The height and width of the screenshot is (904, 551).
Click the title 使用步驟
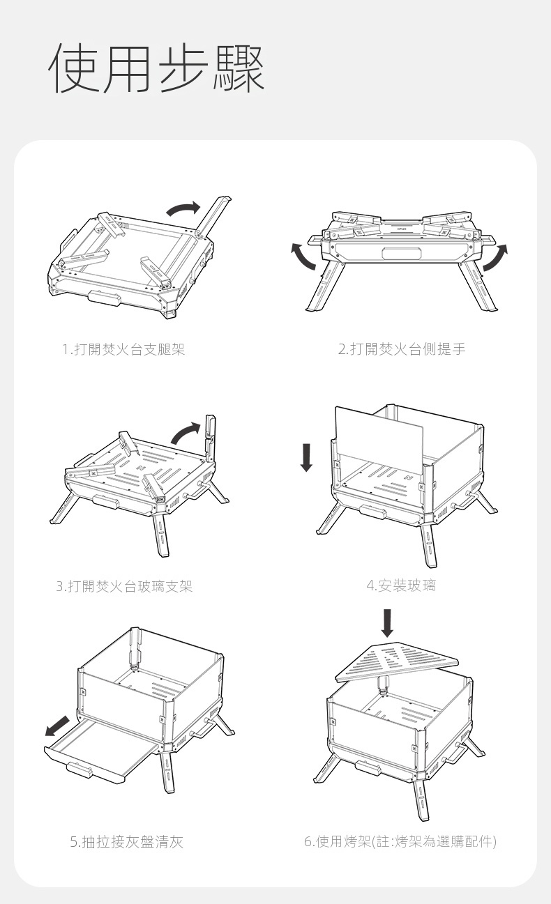tap(157, 68)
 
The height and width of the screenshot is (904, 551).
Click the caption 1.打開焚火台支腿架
tap(123, 349)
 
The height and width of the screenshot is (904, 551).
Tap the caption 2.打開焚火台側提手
tap(402, 349)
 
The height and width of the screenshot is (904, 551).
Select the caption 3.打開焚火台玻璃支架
tap(124, 586)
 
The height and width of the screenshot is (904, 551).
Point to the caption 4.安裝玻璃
tap(401, 585)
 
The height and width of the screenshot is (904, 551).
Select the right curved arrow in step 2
tap(496, 256)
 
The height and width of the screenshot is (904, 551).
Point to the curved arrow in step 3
tap(186, 434)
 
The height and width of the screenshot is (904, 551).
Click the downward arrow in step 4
tap(307, 458)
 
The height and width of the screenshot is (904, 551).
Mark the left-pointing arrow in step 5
tap(57, 726)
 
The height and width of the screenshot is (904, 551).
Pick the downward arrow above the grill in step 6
tap(387, 623)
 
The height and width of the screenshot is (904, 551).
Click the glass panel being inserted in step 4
tap(379, 436)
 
